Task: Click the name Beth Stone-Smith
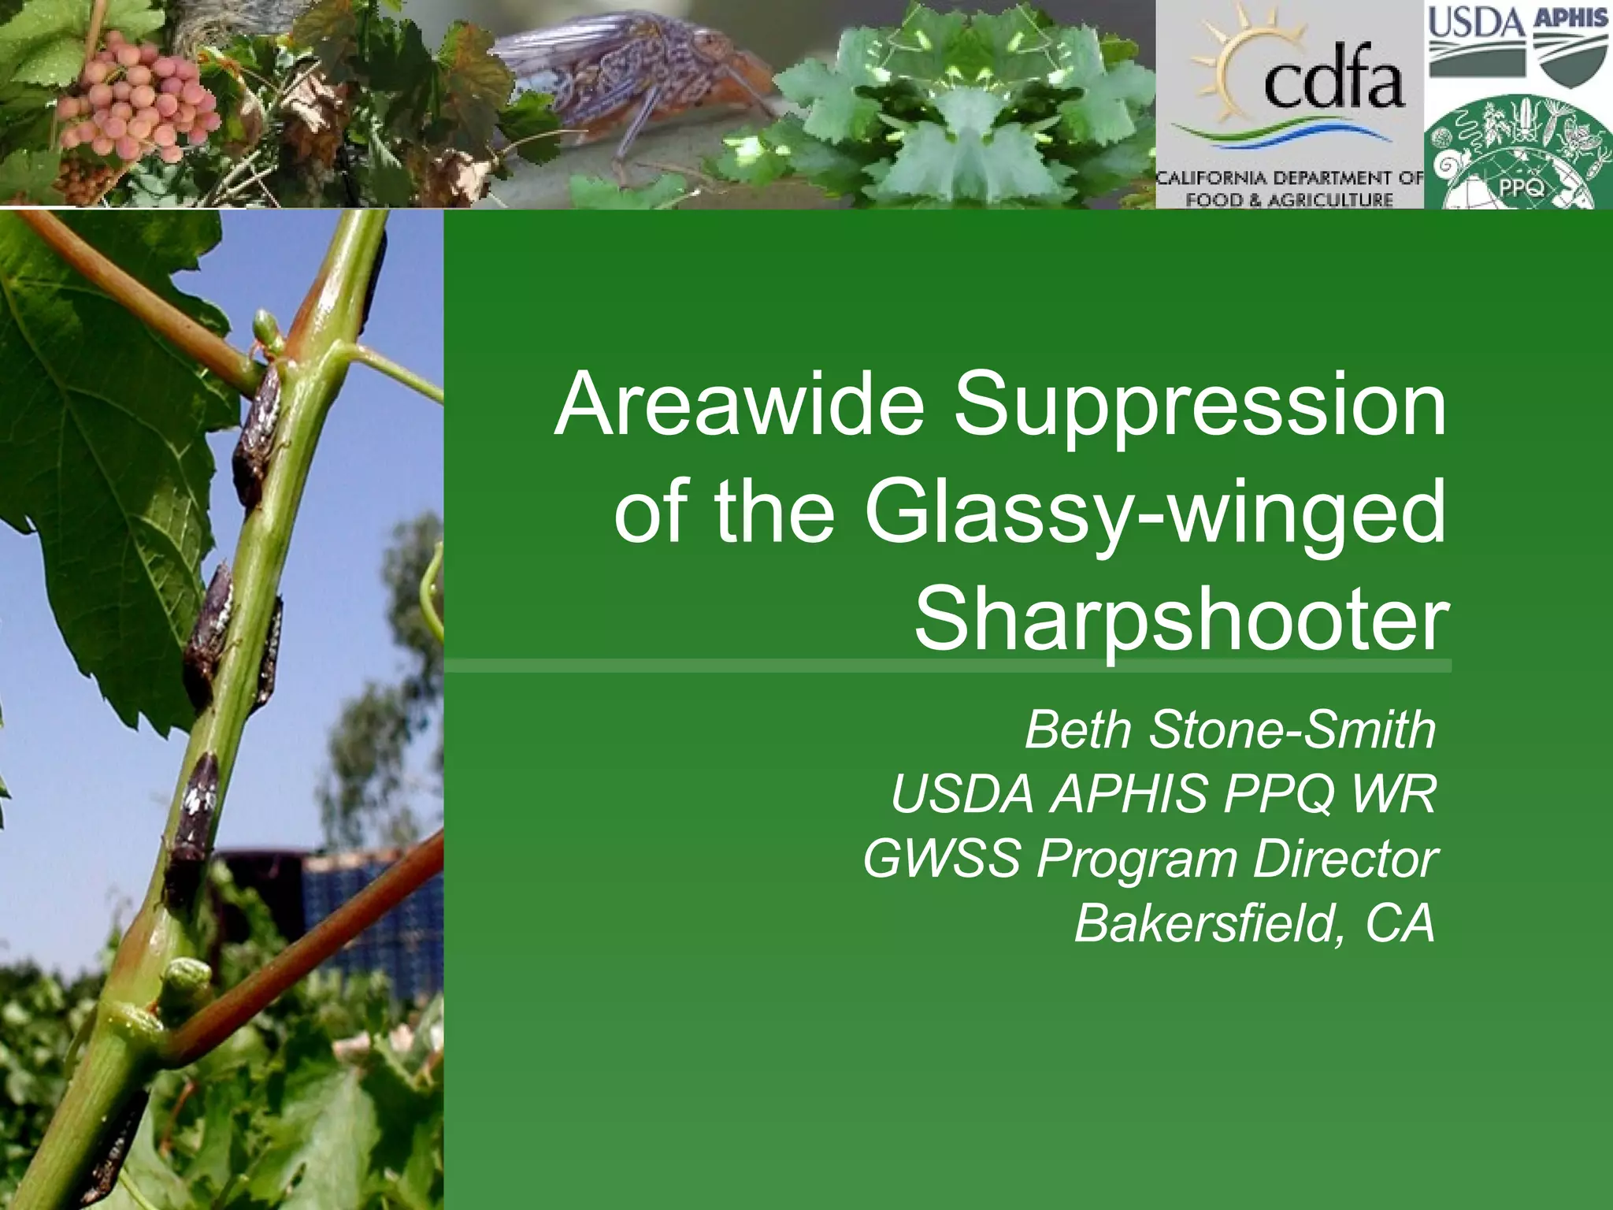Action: click(1229, 730)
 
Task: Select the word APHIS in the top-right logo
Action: click(1570, 17)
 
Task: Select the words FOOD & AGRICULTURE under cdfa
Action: click(1289, 199)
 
